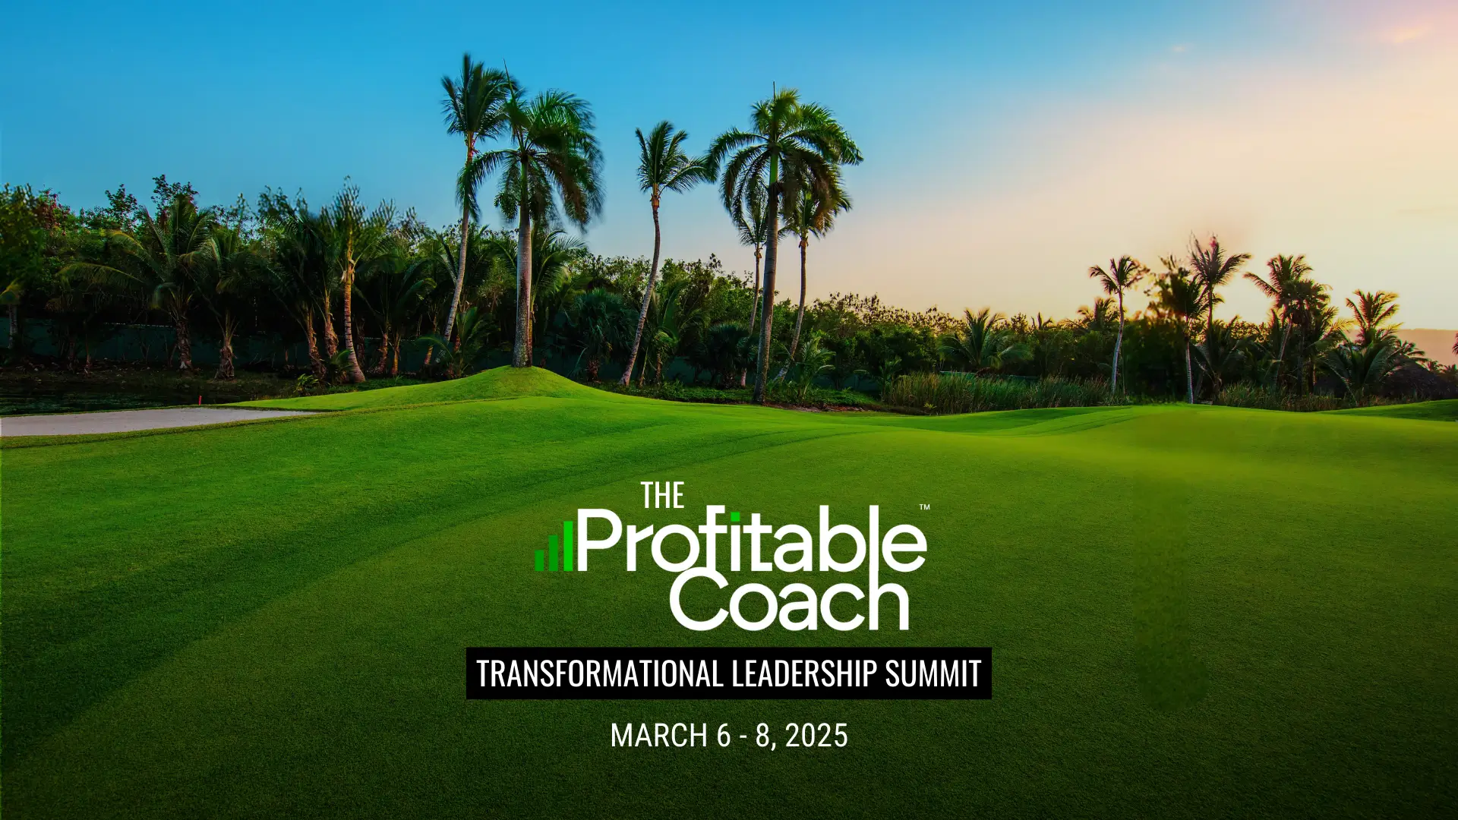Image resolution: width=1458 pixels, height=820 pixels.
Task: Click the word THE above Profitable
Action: [x=662, y=496]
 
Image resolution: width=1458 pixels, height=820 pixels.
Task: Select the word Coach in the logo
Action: [x=790, y=603]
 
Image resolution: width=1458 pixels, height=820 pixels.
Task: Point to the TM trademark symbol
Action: [x=924, y=507]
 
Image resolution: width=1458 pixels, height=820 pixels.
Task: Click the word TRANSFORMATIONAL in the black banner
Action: [x=599, y=673]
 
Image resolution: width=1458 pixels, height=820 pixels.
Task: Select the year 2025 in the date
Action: [x=816, y=735]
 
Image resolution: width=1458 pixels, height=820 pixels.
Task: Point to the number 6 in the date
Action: [x=723, y=735]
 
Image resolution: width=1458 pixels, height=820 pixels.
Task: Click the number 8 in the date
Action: [x=763, y=735]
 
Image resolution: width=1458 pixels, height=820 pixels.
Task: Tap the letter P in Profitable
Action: [x=601, y=541]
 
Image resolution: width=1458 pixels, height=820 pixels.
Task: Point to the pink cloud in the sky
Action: [x=1405, y=34]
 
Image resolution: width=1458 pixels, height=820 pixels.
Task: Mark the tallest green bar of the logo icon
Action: [x=568, y=545]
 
